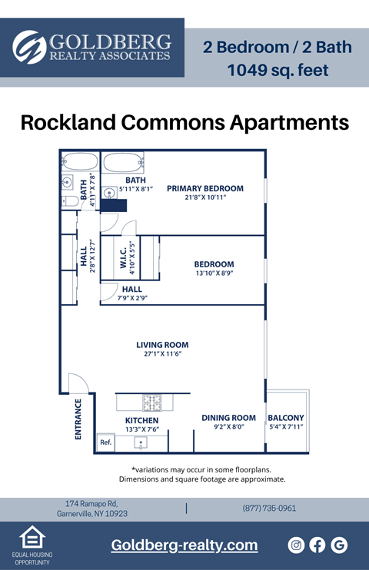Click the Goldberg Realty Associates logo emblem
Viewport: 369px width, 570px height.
[30, 47]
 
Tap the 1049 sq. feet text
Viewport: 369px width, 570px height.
[278, 71]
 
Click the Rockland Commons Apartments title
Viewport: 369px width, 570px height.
[184, 122]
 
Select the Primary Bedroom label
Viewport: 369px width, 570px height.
[205, 188]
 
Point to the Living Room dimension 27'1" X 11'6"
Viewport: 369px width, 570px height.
[162, 355]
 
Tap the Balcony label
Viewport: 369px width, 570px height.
[286, 418]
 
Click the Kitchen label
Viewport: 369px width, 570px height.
[142, 421]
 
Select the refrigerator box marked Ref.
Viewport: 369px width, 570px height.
[105, 442]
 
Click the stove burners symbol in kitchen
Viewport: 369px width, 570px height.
[151, 402]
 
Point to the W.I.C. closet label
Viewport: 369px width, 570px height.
[123, 258]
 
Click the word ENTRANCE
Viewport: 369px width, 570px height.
[78, 419]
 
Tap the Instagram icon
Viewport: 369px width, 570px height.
[296, 545]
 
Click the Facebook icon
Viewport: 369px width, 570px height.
[317, 545]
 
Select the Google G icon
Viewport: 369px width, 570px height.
[339, 545]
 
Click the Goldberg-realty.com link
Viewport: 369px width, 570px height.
[184, 545]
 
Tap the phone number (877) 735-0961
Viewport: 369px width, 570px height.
[269, 508]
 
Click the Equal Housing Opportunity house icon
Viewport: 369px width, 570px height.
[31, 538]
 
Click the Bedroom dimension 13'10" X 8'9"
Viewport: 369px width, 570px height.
[214, 273]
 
